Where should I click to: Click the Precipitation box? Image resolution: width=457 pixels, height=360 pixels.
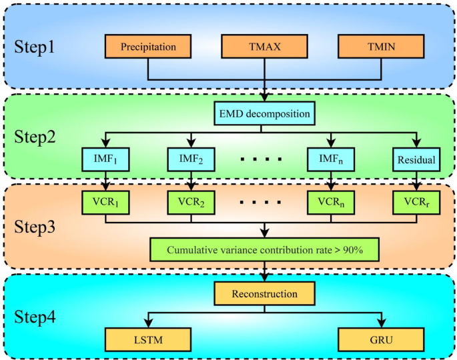coord(148,47)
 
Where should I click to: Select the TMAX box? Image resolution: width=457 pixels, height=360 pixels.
coord(265,47)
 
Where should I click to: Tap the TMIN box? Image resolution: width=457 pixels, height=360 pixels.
coord(381,47)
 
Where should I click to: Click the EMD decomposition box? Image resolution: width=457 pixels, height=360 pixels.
coord(266,114)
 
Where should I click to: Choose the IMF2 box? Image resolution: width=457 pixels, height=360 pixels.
coord(191,160)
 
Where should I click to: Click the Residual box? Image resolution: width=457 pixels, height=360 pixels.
coord(416,160)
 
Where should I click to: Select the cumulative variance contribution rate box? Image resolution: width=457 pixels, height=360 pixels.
coord(266,249)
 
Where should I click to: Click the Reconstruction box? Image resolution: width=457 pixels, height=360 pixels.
coord(265,293)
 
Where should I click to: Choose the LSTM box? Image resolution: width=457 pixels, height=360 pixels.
coord(148,340)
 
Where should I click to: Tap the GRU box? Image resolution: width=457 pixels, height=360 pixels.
coord(381,340)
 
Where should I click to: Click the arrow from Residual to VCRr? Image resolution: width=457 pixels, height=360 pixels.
coord(416,181)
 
